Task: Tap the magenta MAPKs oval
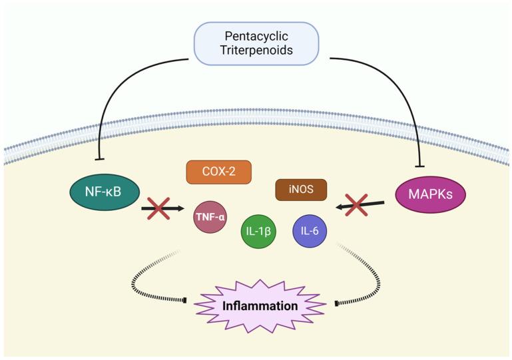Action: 429,194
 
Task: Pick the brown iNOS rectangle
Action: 301,190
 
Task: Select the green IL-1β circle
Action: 258,231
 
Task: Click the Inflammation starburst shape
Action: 260,306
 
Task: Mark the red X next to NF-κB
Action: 158,209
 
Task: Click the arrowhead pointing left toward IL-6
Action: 340,208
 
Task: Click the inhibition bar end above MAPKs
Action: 419,166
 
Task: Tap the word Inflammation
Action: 260,307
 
